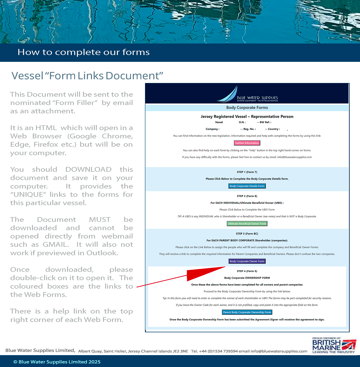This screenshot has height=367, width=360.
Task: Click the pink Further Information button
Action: [247, 143]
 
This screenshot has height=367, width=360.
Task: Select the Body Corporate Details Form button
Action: [247, 186]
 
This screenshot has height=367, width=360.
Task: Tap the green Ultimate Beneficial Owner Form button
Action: [247, 224]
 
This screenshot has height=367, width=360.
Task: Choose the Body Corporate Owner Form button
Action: [247, 261]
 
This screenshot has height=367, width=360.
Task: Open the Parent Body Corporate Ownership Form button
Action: [247, 312]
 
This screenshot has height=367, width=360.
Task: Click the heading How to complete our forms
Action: [84, 52]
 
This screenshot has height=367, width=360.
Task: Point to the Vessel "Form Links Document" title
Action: [87, 76]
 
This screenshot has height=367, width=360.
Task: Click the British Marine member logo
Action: [333, 345]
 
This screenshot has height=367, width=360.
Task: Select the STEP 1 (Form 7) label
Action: [247, 172]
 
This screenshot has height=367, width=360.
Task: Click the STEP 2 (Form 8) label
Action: [247, 196]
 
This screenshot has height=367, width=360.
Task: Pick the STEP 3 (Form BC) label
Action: [247, 234]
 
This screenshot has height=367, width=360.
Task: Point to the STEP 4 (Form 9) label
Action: [247, 271]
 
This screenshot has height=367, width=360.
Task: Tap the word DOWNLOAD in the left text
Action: [88, 169]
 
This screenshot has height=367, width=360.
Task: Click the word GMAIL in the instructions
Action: [56, 244]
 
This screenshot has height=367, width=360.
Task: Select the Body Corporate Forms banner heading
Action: [247, 108]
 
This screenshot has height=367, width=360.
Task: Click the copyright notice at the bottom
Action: [57, 362]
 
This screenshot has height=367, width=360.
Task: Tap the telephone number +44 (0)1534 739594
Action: [222, 351]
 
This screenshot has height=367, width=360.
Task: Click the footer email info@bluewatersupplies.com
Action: [279, 351]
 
